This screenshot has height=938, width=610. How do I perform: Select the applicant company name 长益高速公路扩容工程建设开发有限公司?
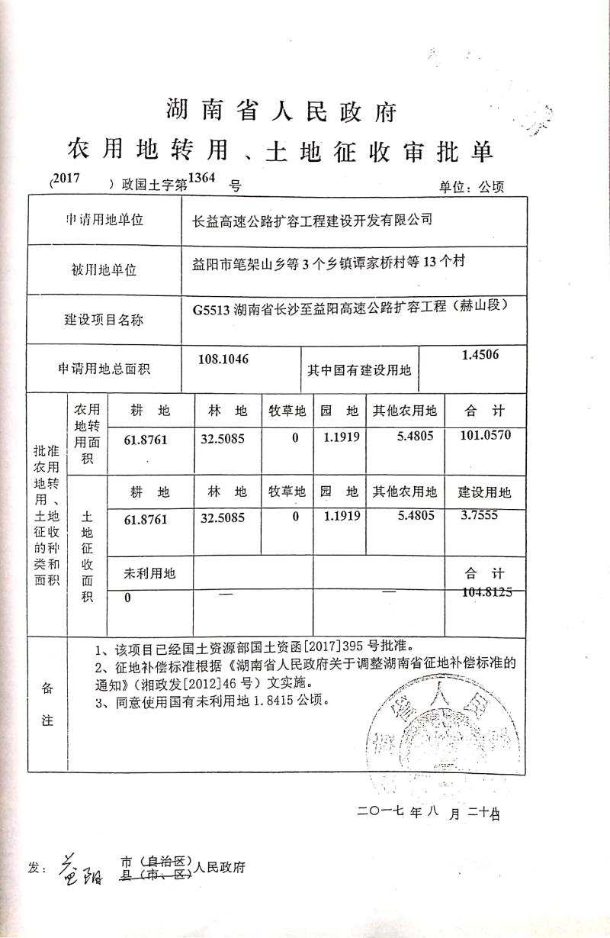point(313,221)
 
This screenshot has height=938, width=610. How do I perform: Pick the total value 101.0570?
point(486,436)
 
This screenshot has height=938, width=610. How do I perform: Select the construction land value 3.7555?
point(480,515)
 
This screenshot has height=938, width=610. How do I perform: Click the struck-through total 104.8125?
point(486,591)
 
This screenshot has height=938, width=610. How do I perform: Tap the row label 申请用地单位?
point(104,221)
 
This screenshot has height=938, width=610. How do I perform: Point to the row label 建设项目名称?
point(104,320)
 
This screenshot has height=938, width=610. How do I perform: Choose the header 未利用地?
point(149,573)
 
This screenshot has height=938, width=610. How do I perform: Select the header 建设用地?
point(485,492)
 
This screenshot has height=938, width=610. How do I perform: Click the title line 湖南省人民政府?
point(282,111)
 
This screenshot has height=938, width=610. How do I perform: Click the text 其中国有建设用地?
point(359,370)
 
